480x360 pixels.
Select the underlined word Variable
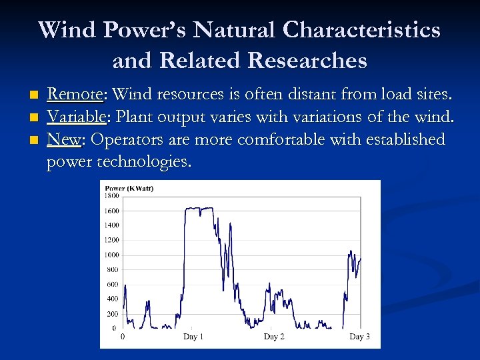click(x=76, y=117)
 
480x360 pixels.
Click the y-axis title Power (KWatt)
click(x=129, y=188)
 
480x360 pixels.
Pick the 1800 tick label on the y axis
click(x=111, y=195)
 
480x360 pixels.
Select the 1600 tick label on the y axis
click(x=111, y=211)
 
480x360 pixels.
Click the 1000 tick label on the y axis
click(x=111, y=255)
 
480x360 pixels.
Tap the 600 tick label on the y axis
click(x=112, y=284)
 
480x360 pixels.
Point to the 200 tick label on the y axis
click(x=112, y=313)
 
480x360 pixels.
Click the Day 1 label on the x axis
click(x=193, y=337)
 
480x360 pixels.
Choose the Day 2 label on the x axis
click(x=274, y=337)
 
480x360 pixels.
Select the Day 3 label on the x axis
click(x=359, y=337)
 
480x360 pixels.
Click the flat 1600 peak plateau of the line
click(x=199, y=208)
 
